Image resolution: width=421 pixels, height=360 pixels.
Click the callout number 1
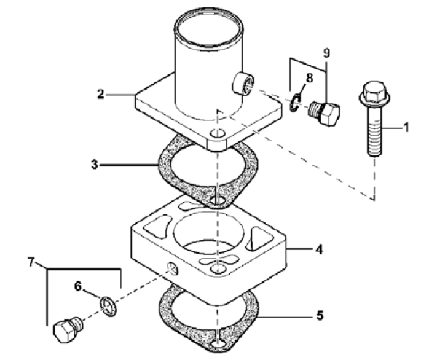406,128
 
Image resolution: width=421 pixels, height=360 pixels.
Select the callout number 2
100,95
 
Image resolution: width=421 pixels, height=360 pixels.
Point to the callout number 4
318,251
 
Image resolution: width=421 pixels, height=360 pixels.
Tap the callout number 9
326,53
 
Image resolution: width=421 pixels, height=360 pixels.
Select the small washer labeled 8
296,103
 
